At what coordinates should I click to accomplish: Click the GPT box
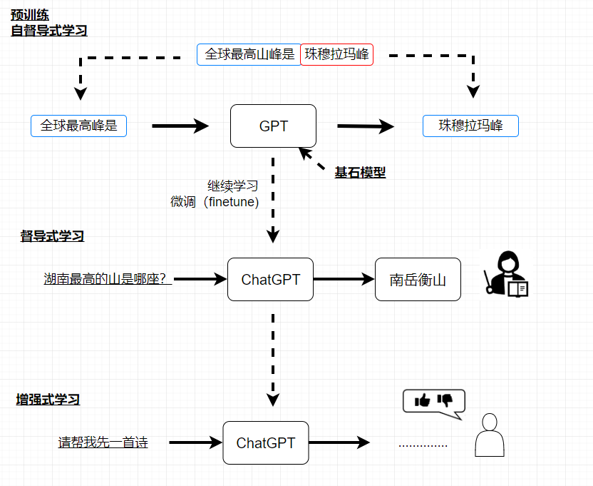point(273,126)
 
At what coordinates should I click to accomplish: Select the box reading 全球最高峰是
point(78,126)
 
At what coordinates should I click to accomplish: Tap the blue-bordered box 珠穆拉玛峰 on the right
point(470,126)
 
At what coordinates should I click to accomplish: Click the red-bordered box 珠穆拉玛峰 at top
point(337,54)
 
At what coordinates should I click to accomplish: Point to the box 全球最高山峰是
point(249,54)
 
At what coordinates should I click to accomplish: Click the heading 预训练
point(30,14)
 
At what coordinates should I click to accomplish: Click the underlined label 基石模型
point(360,172)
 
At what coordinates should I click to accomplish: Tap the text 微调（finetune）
point(215,202)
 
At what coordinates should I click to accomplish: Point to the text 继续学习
point(232,186)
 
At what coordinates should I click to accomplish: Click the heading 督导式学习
point(52,236)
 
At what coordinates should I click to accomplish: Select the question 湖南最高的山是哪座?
point(107,279)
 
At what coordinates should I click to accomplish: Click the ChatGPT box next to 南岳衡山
point(270,280)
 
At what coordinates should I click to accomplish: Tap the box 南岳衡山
point(418,280)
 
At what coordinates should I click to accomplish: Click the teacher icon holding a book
point(507,273)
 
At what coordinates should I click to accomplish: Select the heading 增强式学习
point(48,400)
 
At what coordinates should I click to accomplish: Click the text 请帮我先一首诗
point(103,442)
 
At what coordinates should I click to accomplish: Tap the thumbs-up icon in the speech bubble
point(423,400)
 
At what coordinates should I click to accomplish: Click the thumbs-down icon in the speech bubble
point(445,400)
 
